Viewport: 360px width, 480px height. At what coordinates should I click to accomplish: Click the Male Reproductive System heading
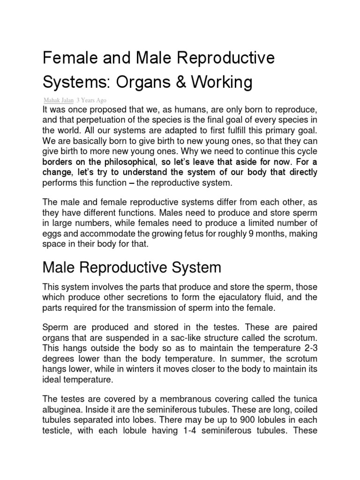tap(132, 268)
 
